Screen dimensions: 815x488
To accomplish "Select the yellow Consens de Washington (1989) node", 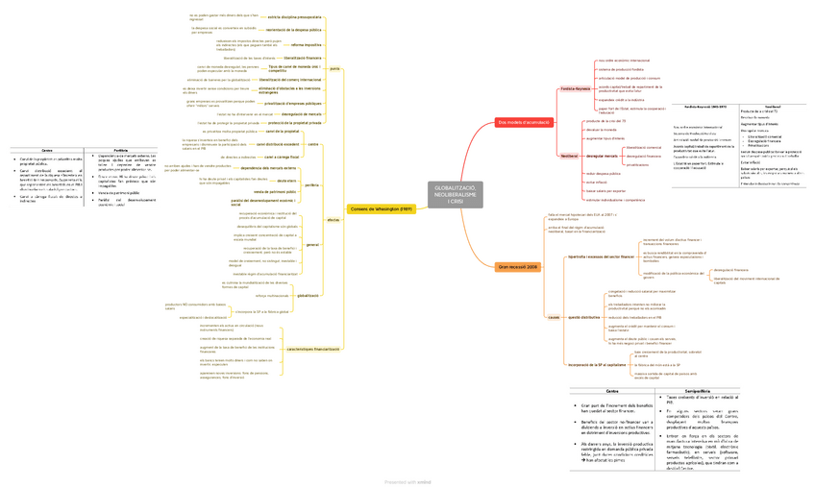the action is tap(381, 208).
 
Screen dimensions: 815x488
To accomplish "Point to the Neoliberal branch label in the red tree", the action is tap(568, 154).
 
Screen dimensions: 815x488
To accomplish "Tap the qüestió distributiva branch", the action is tap(584, 317).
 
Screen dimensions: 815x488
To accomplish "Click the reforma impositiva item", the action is tap(306, 44).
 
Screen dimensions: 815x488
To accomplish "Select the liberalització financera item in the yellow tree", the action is tap(303, 58).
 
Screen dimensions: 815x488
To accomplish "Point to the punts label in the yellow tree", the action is tap(334, 69).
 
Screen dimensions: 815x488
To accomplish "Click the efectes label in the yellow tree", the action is tap(333, 220).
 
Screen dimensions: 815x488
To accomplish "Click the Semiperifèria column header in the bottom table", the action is tap(697, 390).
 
